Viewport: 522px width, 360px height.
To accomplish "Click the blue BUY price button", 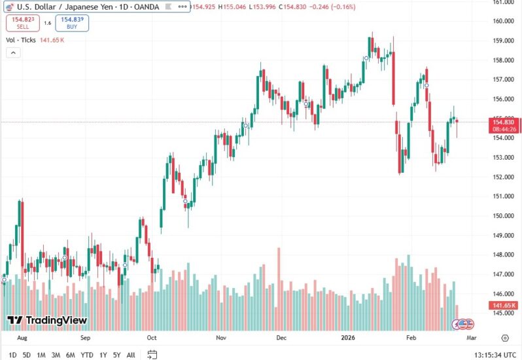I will [x=73, y=23].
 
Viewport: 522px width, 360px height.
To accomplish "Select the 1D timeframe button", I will [x=12, y=355].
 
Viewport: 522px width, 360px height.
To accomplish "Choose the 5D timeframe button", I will [x=26, y=355].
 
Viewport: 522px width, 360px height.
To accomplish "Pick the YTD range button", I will [x=86, y=355].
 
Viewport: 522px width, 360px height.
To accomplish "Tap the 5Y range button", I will [x=116, y=355].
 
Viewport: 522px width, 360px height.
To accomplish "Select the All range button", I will [x=131, y=355].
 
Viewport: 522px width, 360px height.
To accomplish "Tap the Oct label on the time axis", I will [x=152, y=338].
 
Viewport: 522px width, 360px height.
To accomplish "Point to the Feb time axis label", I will [x=411, y=338].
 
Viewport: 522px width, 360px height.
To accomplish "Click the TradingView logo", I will [x=47, y=320].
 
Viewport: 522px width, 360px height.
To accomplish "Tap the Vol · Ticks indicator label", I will [x=20, y=40].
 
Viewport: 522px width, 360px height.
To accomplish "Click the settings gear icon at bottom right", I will [x=505, y=338].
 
